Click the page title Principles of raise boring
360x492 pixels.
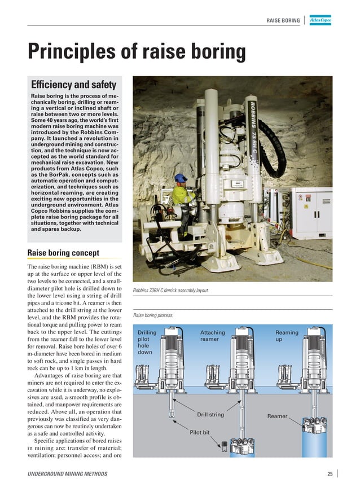[x=137, y=53]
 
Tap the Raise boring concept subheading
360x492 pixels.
[x=64, y=252]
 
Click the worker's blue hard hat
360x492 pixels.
[x=181, y=178]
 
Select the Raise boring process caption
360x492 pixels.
[x=153, y=315]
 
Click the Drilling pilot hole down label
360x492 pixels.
[x=147, y=342]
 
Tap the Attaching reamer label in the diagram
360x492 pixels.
[x=212, y=336]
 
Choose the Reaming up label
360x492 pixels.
[x=287, y=336]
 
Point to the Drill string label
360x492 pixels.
[x=210, y=415]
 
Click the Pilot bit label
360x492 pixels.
[x=199, y=432]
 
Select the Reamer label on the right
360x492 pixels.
[x=277, y=416]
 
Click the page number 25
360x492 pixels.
[x=330, y=474]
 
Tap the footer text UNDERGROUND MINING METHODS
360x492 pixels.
[x=67, y=474]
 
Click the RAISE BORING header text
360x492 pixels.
[x=283, y=21]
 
